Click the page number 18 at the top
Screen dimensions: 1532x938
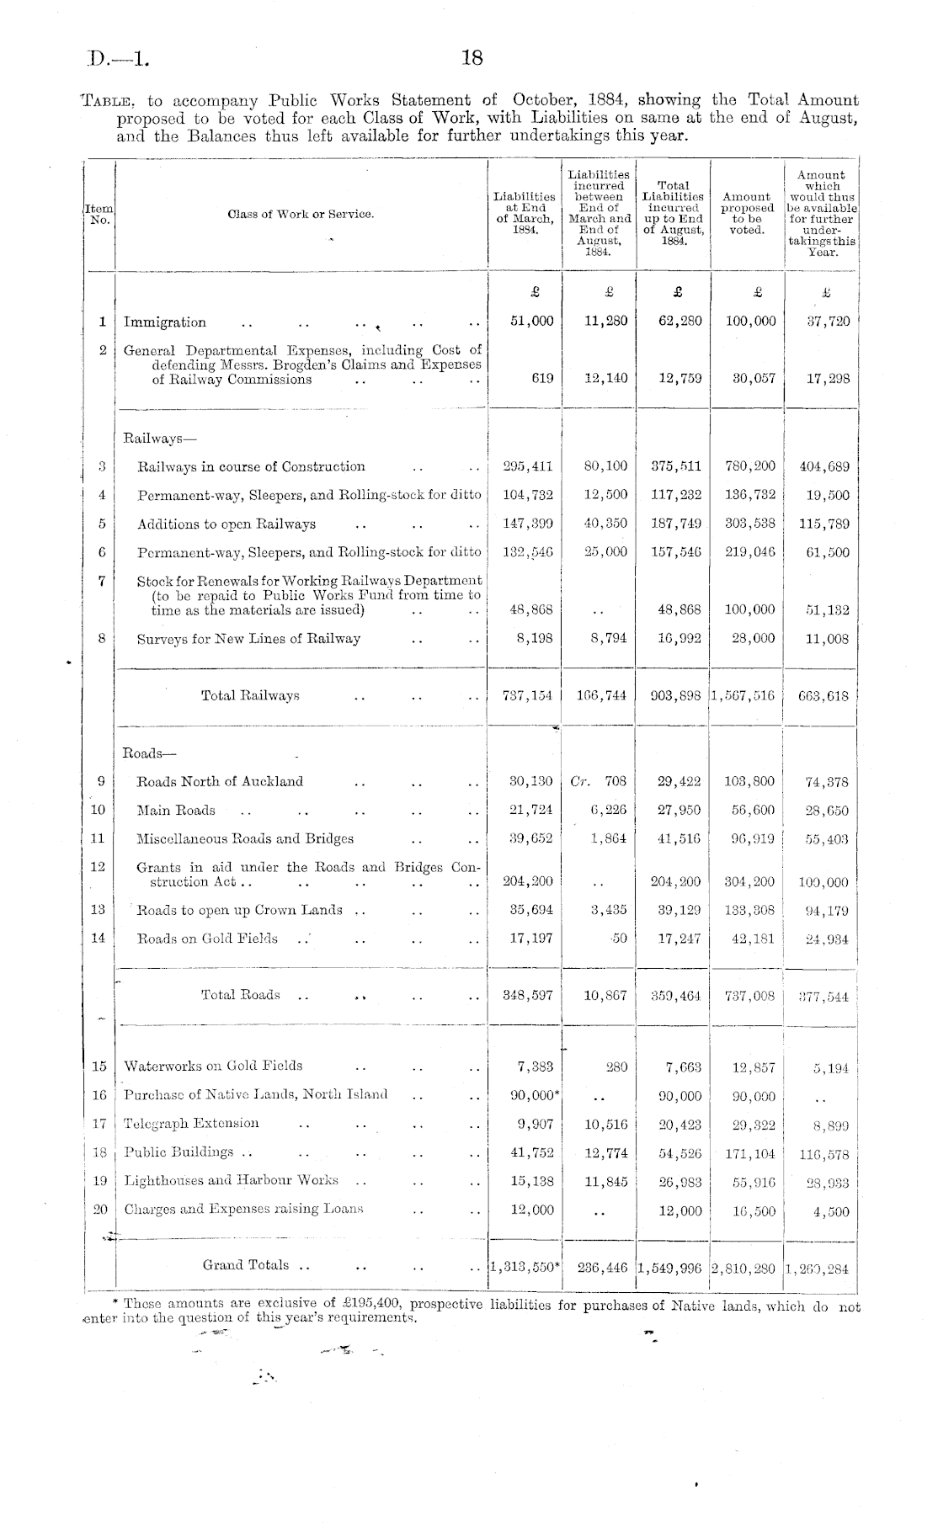472,58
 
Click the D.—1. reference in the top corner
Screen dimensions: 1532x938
119,60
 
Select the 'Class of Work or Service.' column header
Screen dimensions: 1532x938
301,214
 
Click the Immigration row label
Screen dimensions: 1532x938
165,322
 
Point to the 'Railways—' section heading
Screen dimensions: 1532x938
151,438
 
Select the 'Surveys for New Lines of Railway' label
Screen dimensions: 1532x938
248,638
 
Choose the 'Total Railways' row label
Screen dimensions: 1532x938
250,695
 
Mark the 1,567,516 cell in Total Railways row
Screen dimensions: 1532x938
747,696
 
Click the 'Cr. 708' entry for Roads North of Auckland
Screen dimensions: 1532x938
598,781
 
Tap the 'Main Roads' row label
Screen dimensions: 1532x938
176,810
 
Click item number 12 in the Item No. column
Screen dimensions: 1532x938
98,866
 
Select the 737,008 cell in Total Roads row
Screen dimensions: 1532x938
748,996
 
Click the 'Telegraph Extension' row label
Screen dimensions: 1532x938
191,1123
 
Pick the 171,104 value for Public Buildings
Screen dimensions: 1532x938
748,1153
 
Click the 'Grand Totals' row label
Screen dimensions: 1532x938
245,1265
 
